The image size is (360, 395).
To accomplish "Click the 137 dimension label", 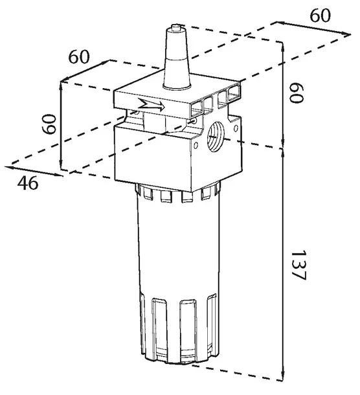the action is pos(298,265).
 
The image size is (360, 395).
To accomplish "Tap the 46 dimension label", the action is pos(28,183).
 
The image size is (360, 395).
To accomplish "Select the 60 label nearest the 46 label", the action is pos(49,124).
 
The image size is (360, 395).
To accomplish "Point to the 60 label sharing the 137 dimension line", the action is pos(297,93).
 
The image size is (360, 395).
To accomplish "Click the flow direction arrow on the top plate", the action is pos(151,106).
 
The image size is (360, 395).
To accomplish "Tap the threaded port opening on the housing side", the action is pos(216,136).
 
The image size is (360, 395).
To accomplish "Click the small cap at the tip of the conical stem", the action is pos(176,26).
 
